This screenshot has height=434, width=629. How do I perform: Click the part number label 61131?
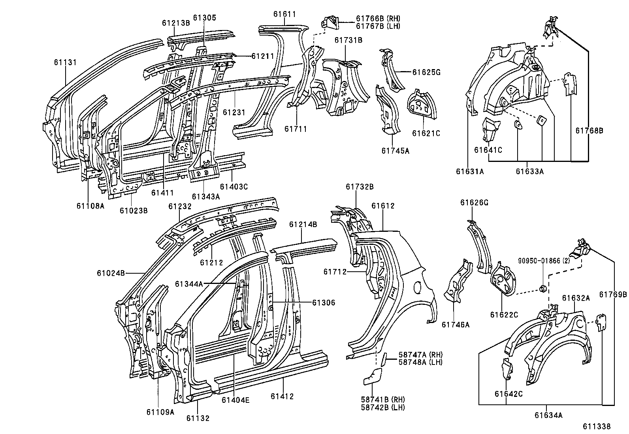(x=65, y=62)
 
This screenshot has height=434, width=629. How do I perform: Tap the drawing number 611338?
(x=596, y=426)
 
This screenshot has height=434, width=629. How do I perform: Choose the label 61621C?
(x=426, y=133)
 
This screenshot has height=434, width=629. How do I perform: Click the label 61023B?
(x=134, y=210)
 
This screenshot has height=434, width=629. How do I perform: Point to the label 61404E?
(x=235, y=400)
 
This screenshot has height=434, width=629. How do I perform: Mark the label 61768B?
(x=589, y=131)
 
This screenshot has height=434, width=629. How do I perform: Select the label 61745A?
(x=395, y=150)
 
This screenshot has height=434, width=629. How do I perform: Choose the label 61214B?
(x=303, y=224)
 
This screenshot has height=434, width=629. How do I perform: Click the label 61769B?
(x=613, y=294)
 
